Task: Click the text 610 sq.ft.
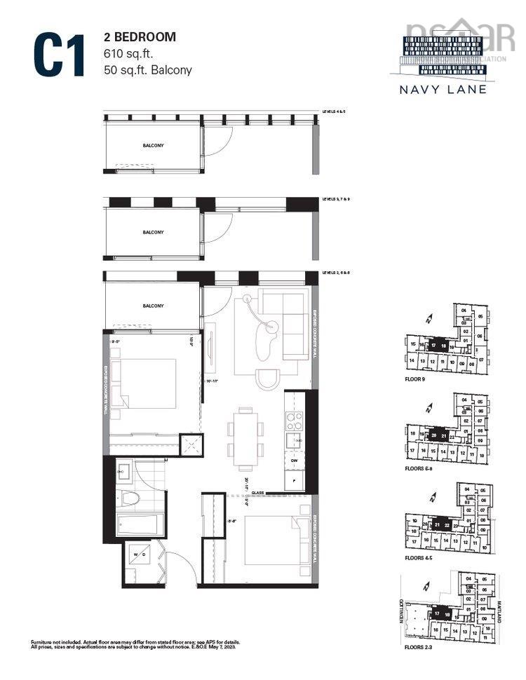(x=126, y=53)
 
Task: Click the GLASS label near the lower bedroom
(x=257, y=494)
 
